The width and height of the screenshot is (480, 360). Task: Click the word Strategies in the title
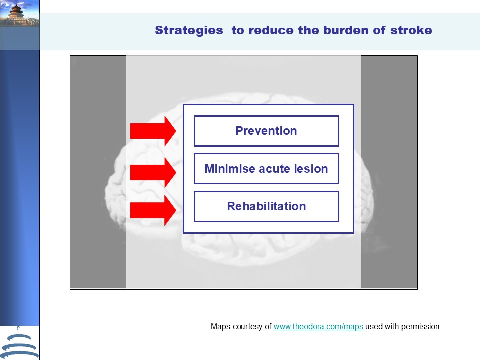click(x=189, y=31)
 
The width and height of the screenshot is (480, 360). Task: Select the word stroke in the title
click(x=411, y=30)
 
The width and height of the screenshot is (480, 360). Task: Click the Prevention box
click(x=266, y=131)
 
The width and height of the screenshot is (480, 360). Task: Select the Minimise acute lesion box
click(x=266, y=168)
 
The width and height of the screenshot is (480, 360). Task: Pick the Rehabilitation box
click(x=266, y=206)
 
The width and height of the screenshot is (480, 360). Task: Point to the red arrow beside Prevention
click(x=153, y=131)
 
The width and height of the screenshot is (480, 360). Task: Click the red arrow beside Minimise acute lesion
click(x=153, y=172)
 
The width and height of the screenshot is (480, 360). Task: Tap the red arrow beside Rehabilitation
click(x=153, y=210)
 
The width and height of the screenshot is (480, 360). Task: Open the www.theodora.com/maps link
click(x=318, y=327)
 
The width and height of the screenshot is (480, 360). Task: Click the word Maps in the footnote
click(x=220, y=327)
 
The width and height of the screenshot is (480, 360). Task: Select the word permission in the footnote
click(x=420, y=327)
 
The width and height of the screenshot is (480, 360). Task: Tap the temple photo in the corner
click(x=20, y=14)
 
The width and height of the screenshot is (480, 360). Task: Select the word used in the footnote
click(x=374, y=327)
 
